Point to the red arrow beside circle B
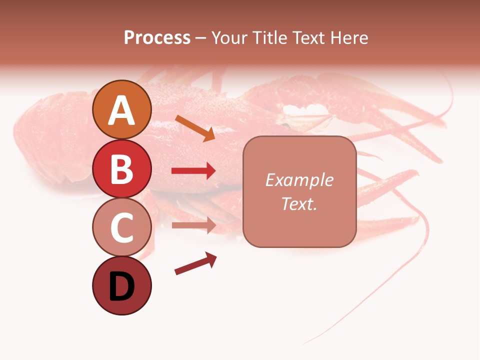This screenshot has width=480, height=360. pos(193,171)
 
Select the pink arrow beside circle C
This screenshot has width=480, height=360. pos(193,225)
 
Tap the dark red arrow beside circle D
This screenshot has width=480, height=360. pos(195,264)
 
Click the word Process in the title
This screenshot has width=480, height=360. pos(157,37)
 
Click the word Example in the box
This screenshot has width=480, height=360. pos(299,180)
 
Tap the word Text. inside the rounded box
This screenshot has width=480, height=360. pos(299,203)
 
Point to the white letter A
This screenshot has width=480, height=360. pos(121,110)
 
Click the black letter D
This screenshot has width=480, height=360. pos(121,286)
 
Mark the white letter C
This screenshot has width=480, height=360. pos(121,227)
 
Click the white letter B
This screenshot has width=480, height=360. pos(121,169)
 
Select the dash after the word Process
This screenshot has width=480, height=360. pos(201,38)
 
